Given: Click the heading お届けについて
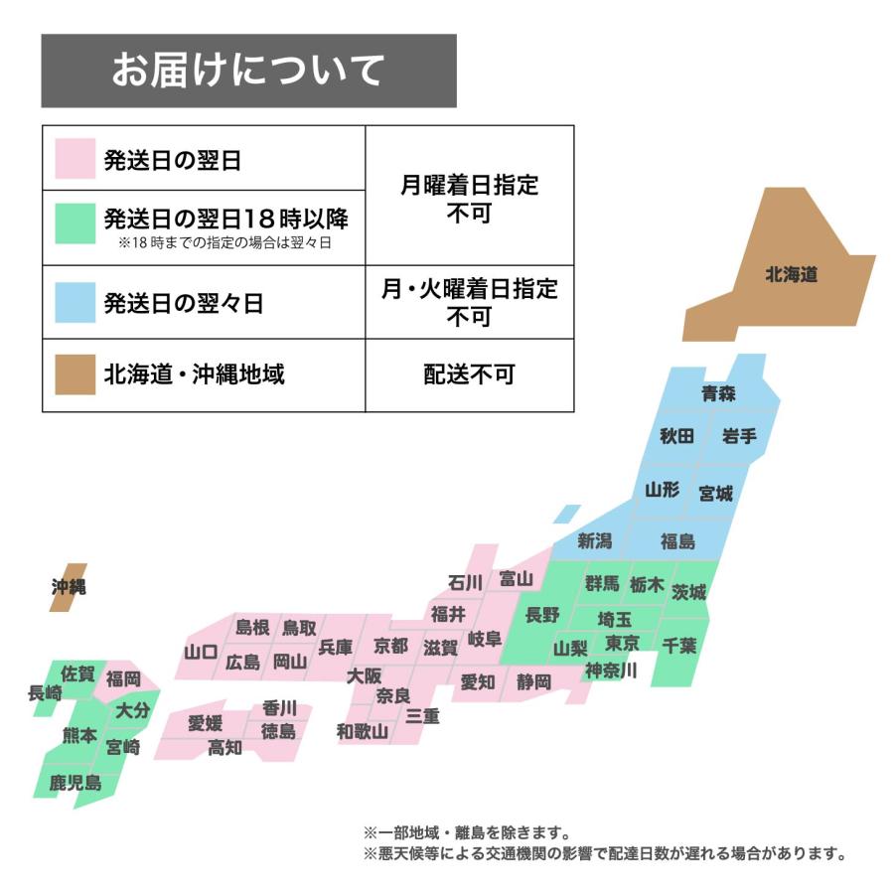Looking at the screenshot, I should (x=247, y=71).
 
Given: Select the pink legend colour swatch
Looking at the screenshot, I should (x=74, y=160).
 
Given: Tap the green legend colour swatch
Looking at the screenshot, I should (x=74, y=224).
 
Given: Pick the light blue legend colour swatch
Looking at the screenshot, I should (x=74, y=303).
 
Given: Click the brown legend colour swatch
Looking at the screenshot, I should (x=74, y=374).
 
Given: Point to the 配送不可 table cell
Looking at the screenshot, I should (x=469, y=374).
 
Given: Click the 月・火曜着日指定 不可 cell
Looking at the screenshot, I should (x=469, y=302).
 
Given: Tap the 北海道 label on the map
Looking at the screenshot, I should (x=791, y=275).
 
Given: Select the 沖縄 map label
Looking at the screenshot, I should (x=69, y=587).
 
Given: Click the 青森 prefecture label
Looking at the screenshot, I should (x=718, y=393).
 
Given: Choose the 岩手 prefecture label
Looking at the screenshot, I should (x=739, y=436).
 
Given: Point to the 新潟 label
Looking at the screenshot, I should (x=595, y=541).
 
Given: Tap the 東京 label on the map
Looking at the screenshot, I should (x=622, y=642).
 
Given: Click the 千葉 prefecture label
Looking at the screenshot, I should (x=679, y=645).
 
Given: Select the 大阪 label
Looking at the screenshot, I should (x=365, y=675).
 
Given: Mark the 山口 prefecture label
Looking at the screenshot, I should (x=201, y=653).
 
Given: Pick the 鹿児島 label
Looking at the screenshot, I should (x=75, y=783).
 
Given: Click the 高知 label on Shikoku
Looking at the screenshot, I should (x=224, y=748).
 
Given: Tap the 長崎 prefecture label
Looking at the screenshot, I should (x=45, y=693).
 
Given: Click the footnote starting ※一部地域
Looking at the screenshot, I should (x=467, y=832).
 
